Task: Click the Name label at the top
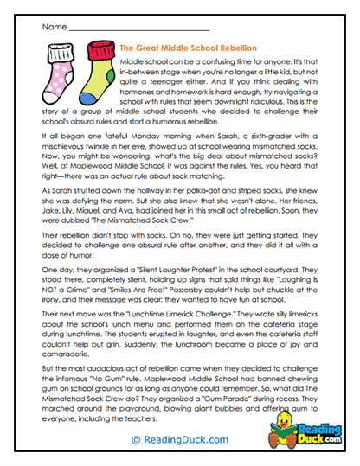52,27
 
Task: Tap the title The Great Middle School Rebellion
186,51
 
